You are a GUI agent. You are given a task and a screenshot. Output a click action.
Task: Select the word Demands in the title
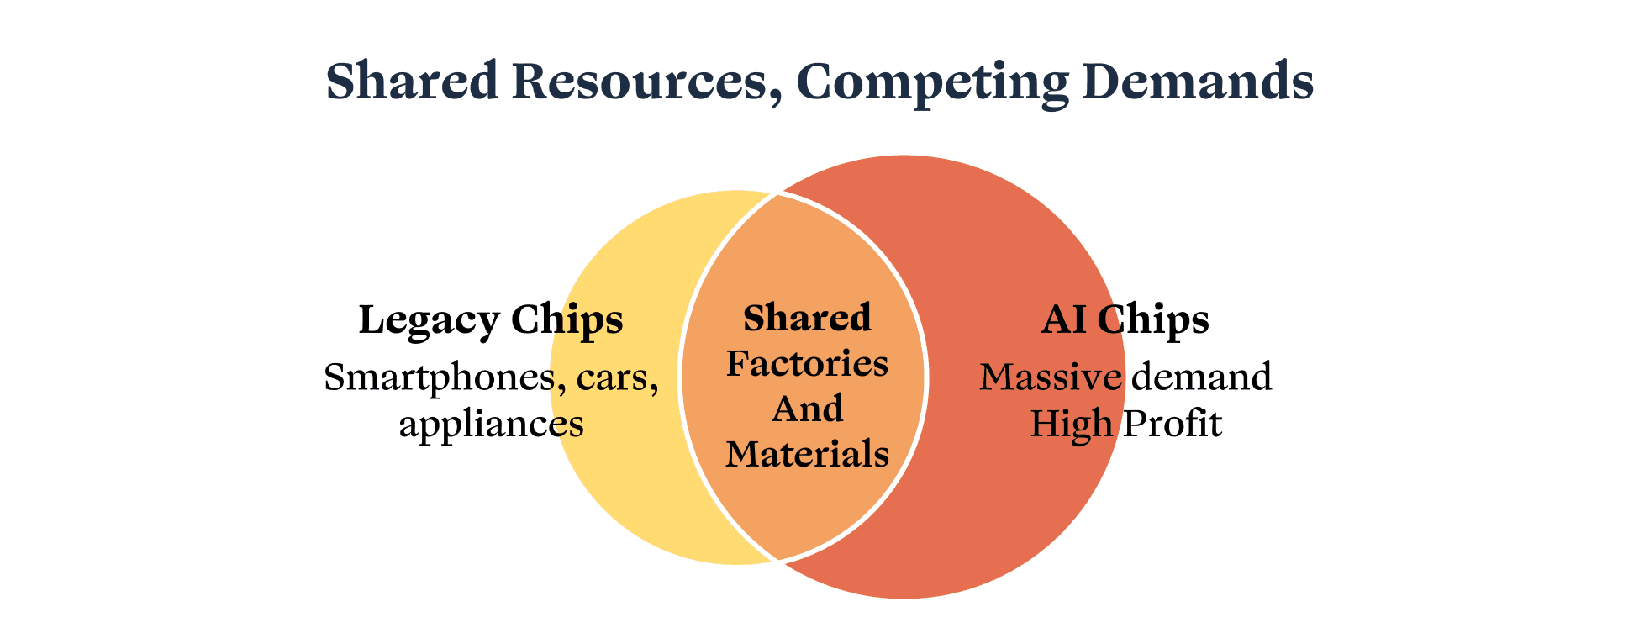pos(1198,82)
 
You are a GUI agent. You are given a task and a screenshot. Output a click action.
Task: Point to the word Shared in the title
pos(412,82)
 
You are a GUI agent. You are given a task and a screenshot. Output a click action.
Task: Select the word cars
pos(618,378)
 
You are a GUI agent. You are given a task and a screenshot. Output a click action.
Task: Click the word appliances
pos(492,424)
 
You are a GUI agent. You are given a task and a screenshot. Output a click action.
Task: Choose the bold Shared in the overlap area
pos(807,319)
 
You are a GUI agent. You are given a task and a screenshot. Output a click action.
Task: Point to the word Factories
pos(807,364)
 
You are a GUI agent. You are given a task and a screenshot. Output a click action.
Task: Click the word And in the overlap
pos(807,409)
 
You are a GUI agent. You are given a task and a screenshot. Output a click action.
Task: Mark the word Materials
pos(807,455)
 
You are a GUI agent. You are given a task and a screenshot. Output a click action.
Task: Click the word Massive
pos(1051,377)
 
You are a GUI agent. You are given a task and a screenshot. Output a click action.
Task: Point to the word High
pos(1071,424)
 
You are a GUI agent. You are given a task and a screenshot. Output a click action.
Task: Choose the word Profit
pos(1173,424)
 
